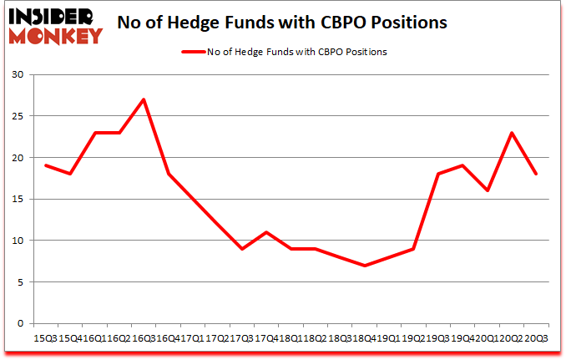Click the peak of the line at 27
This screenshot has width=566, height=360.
[144, 99]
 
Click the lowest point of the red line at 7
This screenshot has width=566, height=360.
[364, 266]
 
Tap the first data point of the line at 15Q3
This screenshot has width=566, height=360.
[46, 165]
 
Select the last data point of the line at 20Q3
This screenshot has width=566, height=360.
[535, 174]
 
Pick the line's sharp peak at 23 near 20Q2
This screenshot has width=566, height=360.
[511, 133]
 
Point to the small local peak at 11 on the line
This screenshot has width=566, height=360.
[266, 232]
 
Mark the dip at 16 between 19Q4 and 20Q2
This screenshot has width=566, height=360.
[487, 190]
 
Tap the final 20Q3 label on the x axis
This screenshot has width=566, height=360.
[538, 338]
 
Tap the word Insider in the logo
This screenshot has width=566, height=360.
[52, 16]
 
